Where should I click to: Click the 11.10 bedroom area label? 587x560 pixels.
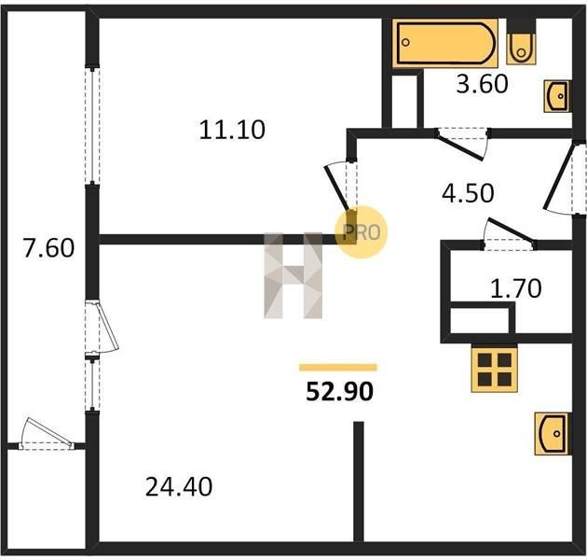[232, 130]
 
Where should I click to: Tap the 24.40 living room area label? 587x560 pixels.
[179, 486]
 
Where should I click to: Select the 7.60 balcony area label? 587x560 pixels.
[48, 247]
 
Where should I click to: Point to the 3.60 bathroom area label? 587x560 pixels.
[483, 83]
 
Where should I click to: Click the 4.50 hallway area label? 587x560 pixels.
[468, 193]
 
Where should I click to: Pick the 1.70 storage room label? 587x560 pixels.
[516, 288]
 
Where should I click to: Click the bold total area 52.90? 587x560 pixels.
[339, 391]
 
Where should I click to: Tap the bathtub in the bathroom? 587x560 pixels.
[445, 43]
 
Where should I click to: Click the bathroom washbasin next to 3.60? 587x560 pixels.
[557, 96]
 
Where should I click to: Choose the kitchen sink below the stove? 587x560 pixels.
[552, 434]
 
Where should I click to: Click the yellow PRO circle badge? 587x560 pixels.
[361, 232]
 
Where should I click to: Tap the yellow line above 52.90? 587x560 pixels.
[338, 367]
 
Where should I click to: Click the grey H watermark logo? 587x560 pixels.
[293, 275]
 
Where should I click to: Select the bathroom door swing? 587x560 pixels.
[463, 144]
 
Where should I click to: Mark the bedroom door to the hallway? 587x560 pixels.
[340, 185]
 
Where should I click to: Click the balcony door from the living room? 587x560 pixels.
[101, 327]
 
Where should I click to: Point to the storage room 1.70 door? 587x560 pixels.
[509, 234]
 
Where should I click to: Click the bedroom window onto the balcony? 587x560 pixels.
[92, 126]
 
